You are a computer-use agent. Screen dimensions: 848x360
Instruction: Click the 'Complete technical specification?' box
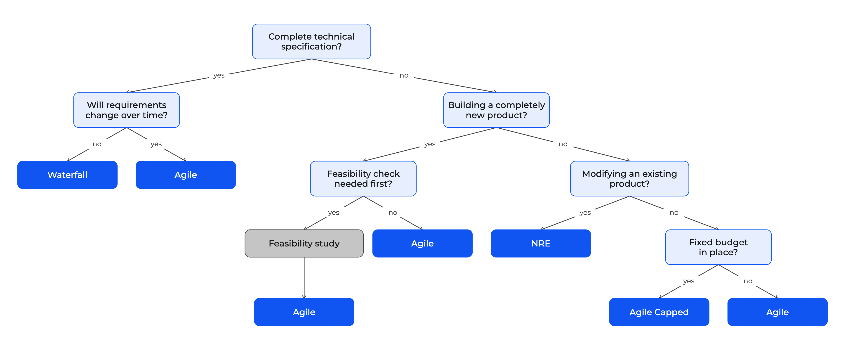[x=311, y=42]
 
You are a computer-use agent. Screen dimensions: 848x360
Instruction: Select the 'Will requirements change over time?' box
[x=126, y=110]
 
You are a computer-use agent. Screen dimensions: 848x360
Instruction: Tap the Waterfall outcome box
[x=68, y=175]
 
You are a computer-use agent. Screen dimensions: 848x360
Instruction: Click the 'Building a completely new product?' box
[x=496, y=110]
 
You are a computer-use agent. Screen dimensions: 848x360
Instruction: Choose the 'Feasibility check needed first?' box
[x=363, y=178]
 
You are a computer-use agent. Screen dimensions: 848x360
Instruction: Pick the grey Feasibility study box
[x=304, y=243]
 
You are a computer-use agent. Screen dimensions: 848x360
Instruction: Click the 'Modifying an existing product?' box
[x=629, y=178]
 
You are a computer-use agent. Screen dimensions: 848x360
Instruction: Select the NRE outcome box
[x=541, y=243]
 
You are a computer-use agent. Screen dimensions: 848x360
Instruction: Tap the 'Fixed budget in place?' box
[x=718, y=247]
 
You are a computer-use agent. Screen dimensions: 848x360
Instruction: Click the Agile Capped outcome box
[x=659, y=312]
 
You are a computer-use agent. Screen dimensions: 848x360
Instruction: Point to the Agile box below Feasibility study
[x=304, y=312]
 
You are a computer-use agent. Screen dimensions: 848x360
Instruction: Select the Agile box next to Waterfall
[x=186, y=175]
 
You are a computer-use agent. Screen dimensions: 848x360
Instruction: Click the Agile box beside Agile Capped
[x=777, y=312]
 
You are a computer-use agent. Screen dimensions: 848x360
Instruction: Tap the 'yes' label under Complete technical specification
[x=219, y=76]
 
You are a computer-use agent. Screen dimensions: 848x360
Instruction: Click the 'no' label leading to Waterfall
[x=97, y=144]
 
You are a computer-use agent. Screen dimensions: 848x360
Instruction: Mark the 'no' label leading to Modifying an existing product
[x=563, y=144]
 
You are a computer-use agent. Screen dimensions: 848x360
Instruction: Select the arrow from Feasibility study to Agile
[x=304, y=278]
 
